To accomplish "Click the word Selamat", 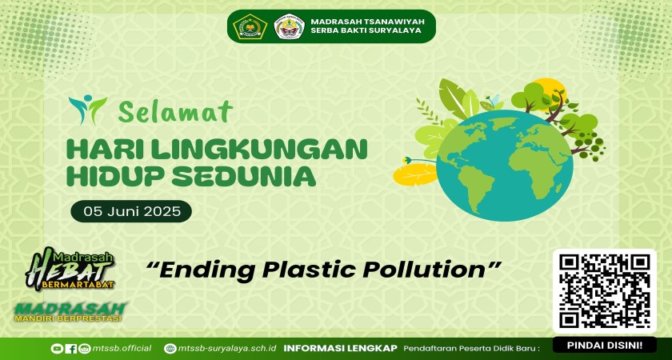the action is tap(175, 111).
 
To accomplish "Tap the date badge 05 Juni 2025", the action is tap(131, 211).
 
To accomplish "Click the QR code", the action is tap(605, 291).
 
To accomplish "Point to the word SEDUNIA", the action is tap(246, 176).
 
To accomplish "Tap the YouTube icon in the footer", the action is tap(56, 349).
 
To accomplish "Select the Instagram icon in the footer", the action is tap(85, 349).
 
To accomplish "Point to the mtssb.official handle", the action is tap(122, 348).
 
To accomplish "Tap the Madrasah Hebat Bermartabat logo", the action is tap(70, 269).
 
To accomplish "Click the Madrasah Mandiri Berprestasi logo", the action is tap(70, 311).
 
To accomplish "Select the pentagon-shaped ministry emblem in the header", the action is tap(250, 26).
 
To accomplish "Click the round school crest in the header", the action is tap(289, 26).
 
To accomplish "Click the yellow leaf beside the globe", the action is tap(415, 174).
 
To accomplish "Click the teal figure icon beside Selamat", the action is tap(87, 110).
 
